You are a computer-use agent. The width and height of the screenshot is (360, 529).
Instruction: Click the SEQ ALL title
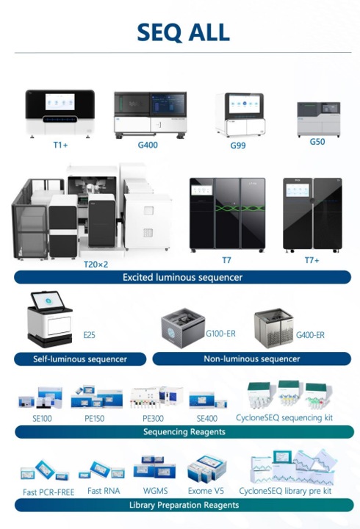(183, 32)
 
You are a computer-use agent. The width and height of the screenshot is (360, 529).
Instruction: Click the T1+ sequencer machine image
(60, 112)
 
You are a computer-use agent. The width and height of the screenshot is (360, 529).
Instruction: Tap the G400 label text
(148, 145)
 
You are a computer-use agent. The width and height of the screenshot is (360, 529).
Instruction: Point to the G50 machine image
(317, 119)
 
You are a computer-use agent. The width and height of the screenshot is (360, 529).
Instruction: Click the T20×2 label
(96, 264)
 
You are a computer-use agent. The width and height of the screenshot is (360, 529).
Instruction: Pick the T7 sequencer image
(226, 214)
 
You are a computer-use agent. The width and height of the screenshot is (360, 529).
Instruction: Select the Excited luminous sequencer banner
(183, 278)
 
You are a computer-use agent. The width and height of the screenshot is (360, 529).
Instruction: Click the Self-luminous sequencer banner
(80, 359)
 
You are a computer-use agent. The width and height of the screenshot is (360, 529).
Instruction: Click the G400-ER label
(310, 335)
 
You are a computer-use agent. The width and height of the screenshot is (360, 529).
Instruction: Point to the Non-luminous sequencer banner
(251, 359)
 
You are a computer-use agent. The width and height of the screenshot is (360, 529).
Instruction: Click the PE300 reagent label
(154, 417)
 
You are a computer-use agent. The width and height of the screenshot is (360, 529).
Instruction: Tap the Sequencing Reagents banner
(183, 432)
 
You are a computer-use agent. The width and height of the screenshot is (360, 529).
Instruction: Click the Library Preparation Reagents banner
(183, 505)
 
